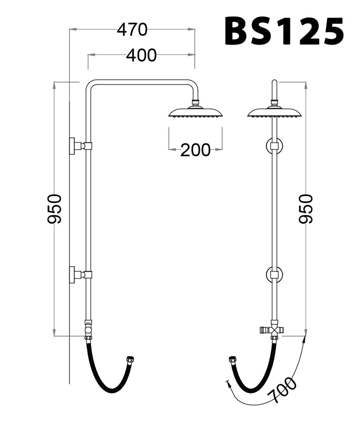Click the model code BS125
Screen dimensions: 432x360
(x=284, y=31)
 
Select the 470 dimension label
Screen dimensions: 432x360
(x=132, y=30)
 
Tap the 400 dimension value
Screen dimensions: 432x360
(x=141, y=55)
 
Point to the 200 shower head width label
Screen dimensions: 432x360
(x=195, y=150)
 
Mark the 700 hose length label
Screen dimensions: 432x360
(x=282, y=390)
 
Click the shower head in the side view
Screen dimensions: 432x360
(x=196, y=112)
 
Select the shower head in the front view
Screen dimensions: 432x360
(x=274, y=112)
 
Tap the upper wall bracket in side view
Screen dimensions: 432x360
(x=77, y=146)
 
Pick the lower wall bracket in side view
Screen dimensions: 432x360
(x=77, y=274)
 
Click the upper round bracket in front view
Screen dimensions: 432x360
(x=274, y=146)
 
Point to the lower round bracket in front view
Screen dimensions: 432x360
(x=274, y=274)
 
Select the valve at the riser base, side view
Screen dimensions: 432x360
(x=89, y=330)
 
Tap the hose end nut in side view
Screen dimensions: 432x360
(x=132, y=359)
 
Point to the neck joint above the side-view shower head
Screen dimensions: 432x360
(x=195, y=103)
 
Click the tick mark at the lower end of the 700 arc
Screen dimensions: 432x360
(x=228, y=384)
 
